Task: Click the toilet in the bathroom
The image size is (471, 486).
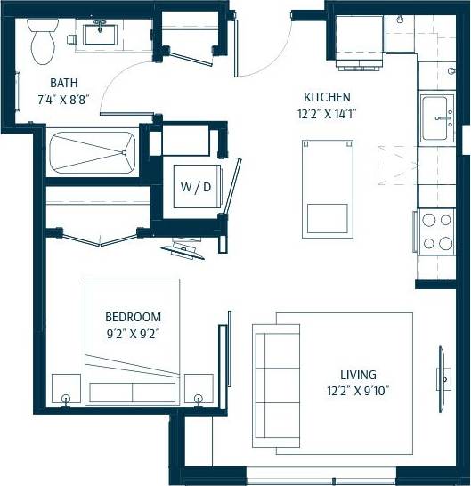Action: point(42,42)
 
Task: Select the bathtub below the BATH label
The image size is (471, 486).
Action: point(93,152)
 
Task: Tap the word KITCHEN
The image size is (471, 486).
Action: point(327,97)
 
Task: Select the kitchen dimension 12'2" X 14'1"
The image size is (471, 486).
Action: point(327,113)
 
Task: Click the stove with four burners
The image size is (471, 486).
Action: point(436,231)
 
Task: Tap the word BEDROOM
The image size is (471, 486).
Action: point(133,317)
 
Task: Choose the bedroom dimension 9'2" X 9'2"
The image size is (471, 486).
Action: point(133,334)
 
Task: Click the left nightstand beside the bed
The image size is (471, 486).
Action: point(66,389)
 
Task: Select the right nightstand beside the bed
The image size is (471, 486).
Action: point(199,389)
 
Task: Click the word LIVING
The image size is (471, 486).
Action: point(358,375)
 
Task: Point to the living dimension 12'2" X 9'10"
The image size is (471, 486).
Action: point(358,391)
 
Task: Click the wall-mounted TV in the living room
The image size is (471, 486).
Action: point(441,377)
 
